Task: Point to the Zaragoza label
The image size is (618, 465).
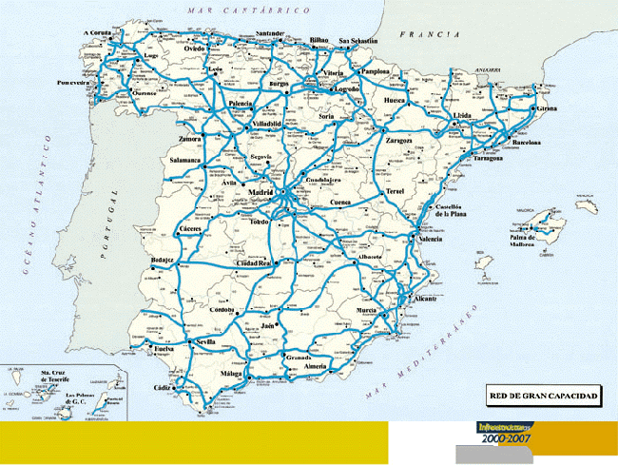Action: (398, 140)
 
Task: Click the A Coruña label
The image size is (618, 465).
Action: (98, 33)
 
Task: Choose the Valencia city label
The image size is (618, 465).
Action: (431, 240)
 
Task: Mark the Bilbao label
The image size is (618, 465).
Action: (320, 40)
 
